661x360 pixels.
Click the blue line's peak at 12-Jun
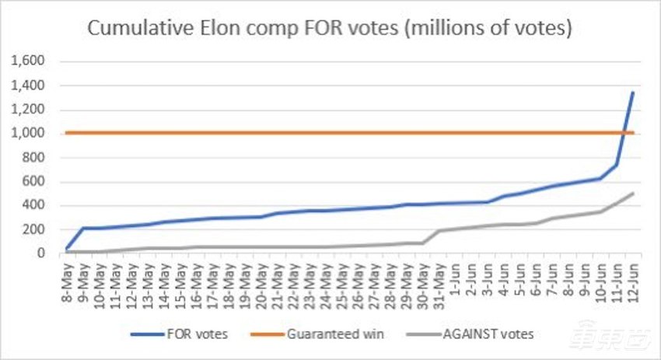click(632, 93)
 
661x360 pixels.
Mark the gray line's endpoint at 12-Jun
click(632, 193)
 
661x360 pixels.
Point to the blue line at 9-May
click(84, 228)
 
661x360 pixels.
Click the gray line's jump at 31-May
click(439, 230)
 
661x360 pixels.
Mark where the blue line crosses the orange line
click(625, 133)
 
